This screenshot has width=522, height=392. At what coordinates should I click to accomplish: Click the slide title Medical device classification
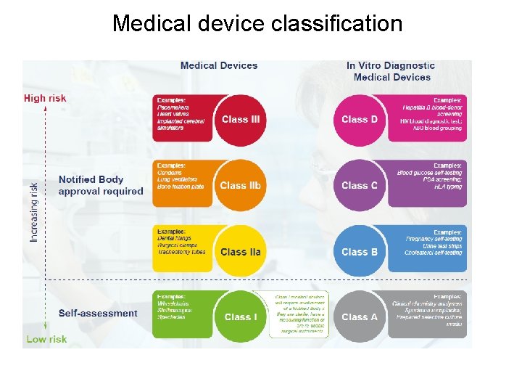click(x=257, y=23)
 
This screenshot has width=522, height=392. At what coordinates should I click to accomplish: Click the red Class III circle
click(x=241, y=119)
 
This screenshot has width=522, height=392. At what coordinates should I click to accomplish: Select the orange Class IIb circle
click(x=240, y=185)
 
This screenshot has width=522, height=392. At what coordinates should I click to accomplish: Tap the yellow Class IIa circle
click(x=240, y=251)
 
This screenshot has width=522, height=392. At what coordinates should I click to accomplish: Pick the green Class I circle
click(x=240, y=317)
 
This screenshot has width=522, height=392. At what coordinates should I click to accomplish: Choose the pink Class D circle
click(x=359, y=119)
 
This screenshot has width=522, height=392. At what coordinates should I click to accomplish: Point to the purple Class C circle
click(x=359, y=185)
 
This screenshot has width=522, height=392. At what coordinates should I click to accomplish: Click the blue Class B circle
click(x=359, y=251)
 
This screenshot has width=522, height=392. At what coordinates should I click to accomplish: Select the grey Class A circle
click(x=359, y=317)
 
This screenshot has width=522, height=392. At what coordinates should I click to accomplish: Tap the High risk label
click(x=45, y=98)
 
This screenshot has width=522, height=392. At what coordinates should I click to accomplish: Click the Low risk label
click(x=46, y=339)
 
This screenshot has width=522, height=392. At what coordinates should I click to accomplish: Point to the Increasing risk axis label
click(x=34, y=211)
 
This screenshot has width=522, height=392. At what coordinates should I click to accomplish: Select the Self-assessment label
click(x=98, y=314)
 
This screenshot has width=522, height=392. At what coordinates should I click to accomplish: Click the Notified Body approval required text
click(x=101, y=185)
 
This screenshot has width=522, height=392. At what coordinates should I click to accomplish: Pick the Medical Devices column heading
click(x=219, y=65)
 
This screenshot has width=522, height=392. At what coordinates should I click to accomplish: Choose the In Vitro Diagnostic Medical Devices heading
click(x=391, y=71)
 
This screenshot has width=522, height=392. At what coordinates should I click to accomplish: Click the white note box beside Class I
click(x=299, y=314)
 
